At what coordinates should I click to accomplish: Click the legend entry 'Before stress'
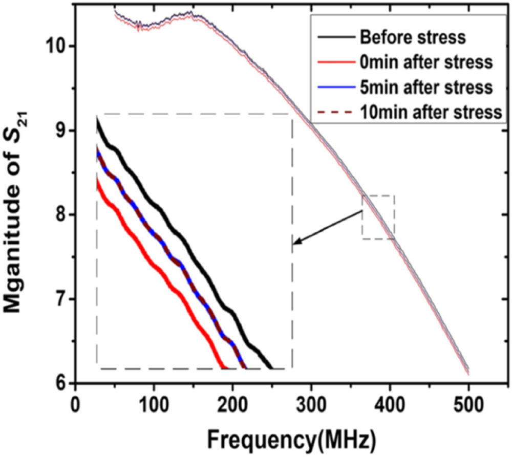pos(412,37)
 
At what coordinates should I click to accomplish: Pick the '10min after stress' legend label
pos(429,112)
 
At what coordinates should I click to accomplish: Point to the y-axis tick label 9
pos(61,131)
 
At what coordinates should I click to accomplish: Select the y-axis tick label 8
pos(61,215)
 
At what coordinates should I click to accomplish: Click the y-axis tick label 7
pos(61,299)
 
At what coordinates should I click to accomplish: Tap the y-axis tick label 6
pos(61,383)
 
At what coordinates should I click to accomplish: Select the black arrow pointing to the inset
pos(328,227)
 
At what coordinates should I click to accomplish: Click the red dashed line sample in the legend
pos(335,112)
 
